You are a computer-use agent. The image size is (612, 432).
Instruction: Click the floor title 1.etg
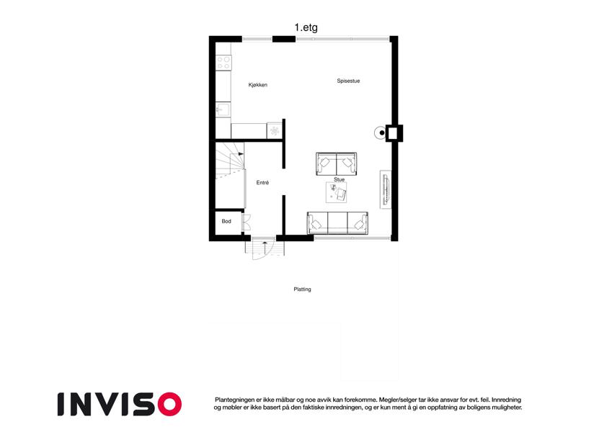tap(306, 27)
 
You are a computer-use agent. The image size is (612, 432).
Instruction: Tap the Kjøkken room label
tap(258, 85)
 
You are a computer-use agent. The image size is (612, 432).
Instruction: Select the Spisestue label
tap(349, 81)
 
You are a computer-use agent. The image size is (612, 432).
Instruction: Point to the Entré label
tap(262, 182)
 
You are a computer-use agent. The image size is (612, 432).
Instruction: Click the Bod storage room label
tap(226, 221)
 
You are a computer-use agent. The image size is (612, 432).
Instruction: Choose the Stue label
tap(340, 179)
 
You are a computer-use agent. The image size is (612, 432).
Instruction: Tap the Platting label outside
tap(303, 289)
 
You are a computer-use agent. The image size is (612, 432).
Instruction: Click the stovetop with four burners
tap(223, 63)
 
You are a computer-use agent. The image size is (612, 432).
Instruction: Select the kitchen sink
tap(223, 109)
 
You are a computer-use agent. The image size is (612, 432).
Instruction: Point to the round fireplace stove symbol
tap(381, 133)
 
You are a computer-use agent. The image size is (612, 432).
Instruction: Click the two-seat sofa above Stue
tap(336, 163)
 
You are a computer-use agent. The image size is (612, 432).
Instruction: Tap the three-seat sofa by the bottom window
tap(337, 223)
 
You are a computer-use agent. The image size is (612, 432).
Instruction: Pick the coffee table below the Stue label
tap(337, 193)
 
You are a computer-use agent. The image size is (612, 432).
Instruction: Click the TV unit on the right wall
tap(386, 189)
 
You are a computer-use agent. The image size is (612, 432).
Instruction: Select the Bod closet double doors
tap(246, 222)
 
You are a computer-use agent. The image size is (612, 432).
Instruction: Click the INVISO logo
tap(120, 404)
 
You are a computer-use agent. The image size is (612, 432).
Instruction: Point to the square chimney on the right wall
tap(394, 133)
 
